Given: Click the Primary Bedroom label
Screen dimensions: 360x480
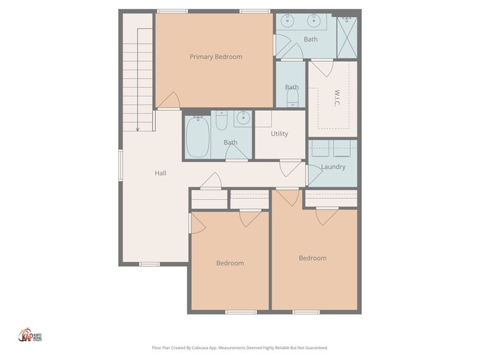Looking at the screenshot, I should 216,57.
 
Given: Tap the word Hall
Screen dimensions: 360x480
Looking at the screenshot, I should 160,173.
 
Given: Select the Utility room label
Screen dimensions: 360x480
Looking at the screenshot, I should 279,134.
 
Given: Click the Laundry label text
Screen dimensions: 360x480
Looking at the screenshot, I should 333,167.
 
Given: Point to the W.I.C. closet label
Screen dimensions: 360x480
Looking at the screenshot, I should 336,98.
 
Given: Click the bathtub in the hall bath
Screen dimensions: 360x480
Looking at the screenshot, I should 198,139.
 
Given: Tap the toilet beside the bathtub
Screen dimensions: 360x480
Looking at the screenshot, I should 222,120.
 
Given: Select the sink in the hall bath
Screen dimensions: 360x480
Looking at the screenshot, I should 242,118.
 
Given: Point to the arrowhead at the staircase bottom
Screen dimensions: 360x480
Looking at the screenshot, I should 137,128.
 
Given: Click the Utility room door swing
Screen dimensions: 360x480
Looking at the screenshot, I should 291,167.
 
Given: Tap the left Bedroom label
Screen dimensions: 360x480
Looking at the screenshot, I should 230,263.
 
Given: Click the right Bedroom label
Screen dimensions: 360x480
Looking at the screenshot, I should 312,258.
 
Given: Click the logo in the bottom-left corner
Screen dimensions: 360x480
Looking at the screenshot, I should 28,336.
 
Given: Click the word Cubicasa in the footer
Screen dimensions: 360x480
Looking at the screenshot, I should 205,347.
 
